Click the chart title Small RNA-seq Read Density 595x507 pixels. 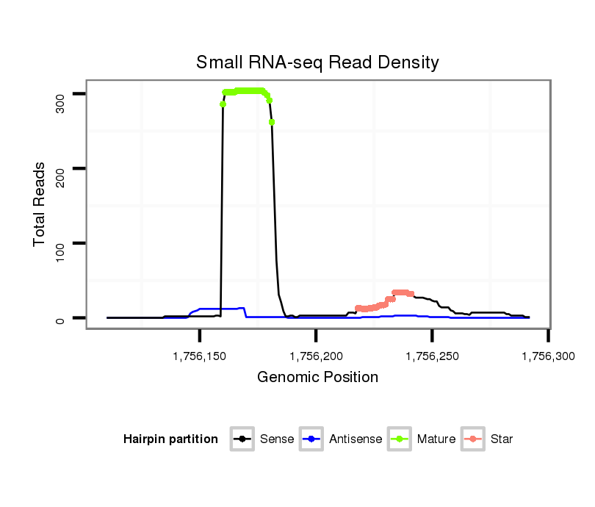(x=317, y=62)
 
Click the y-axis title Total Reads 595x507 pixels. (x=40, y=204)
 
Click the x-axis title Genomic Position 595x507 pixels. (x=317, y=378)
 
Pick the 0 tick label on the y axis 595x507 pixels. (x=60, y=318)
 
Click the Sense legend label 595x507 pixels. (x=277, y=439)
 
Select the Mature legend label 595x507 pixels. (x=436, y=439)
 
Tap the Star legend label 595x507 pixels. (x=503, y=439)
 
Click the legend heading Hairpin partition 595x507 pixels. (x=170, y=439)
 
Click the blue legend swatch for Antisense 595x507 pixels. (x=312, y=439)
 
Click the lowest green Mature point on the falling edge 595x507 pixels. (x=272, y=122)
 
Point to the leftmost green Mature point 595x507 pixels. (x=223, y=104)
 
